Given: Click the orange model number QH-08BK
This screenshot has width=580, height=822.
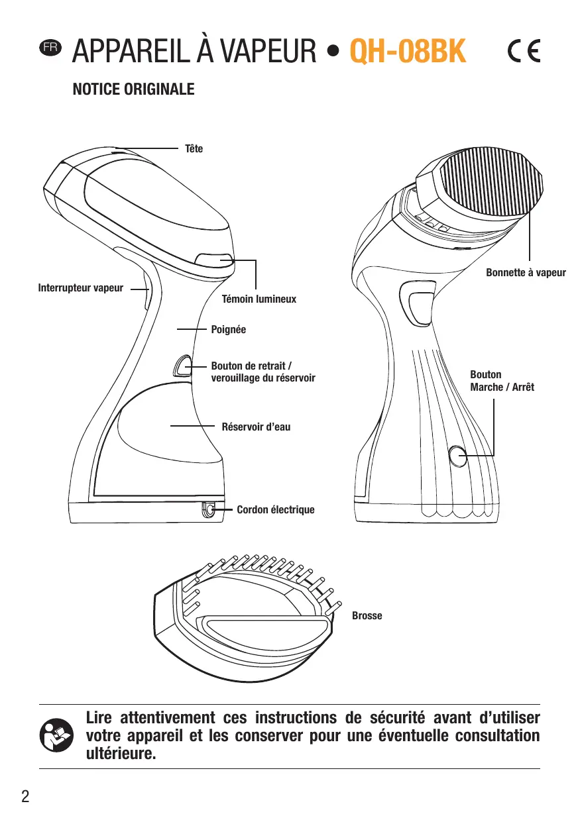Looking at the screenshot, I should point(408,51).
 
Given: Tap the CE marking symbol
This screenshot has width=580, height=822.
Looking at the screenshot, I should point(524,51).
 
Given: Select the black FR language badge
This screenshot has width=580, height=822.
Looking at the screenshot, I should point(50,48).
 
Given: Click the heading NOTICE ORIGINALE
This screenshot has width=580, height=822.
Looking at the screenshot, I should point(133,89).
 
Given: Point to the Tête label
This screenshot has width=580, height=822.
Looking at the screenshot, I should point(194,148).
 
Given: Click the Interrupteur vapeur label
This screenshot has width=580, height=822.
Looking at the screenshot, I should point(80,288).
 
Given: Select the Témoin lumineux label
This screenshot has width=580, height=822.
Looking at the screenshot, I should point(259,299).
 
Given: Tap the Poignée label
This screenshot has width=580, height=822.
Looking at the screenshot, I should point(228,329).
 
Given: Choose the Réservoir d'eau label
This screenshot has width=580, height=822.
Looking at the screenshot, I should point(256,427).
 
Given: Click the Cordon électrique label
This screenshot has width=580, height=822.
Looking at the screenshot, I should point(275,509).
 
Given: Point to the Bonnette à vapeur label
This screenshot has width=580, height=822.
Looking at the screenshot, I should point(526,272).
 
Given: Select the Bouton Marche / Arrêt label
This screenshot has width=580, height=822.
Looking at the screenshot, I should point(501,381).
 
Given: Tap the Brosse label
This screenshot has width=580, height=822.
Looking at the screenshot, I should point(367,616).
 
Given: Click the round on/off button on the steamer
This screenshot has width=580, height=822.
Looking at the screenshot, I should point(457,456).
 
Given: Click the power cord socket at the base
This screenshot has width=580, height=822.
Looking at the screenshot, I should point(208,509).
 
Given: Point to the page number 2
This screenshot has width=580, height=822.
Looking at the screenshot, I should point(25,796).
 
